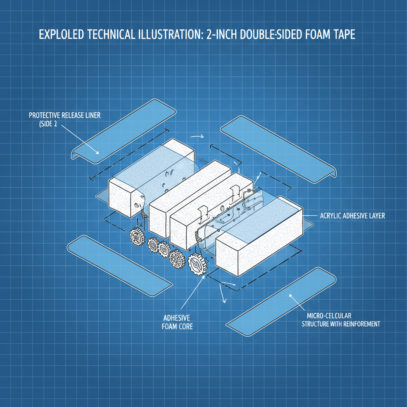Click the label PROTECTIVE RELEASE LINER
pyautogui.click(x=65, y=115)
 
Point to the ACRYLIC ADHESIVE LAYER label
pyautogui.click(x=352, y=216)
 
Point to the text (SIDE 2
pyautogui.click(x=48, y=124)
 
